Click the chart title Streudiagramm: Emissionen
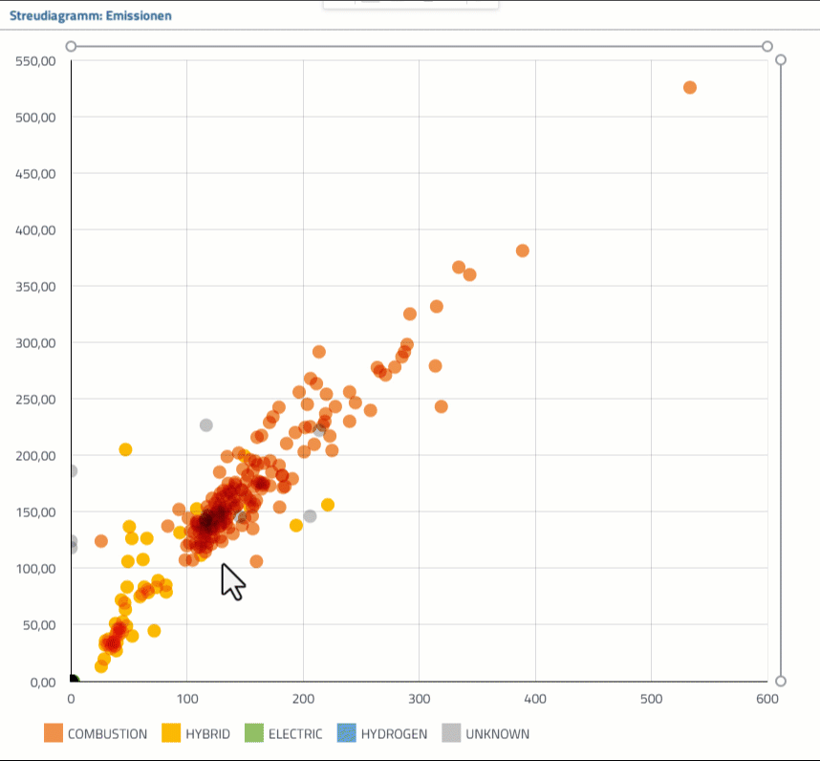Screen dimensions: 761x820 (x=92, y=15)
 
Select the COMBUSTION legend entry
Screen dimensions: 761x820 (x=96, y=734)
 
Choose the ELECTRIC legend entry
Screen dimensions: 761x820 (x=283, y=734)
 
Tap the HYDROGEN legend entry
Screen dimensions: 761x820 (x=382, y=734)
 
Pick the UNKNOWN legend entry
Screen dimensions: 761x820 (x=486, y=734)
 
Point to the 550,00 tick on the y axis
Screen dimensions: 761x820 (x=36, y=61)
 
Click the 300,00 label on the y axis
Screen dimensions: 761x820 (x=36, y=342)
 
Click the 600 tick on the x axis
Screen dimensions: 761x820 (x=767, y=699)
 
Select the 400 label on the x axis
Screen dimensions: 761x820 (x=535, y=699)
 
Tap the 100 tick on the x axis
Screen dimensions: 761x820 (x=187, y=699)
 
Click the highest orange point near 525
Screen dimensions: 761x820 (x=690, y=88)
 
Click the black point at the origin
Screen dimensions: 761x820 (x=73, y=681)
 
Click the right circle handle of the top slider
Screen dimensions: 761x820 (x=766, y=46)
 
